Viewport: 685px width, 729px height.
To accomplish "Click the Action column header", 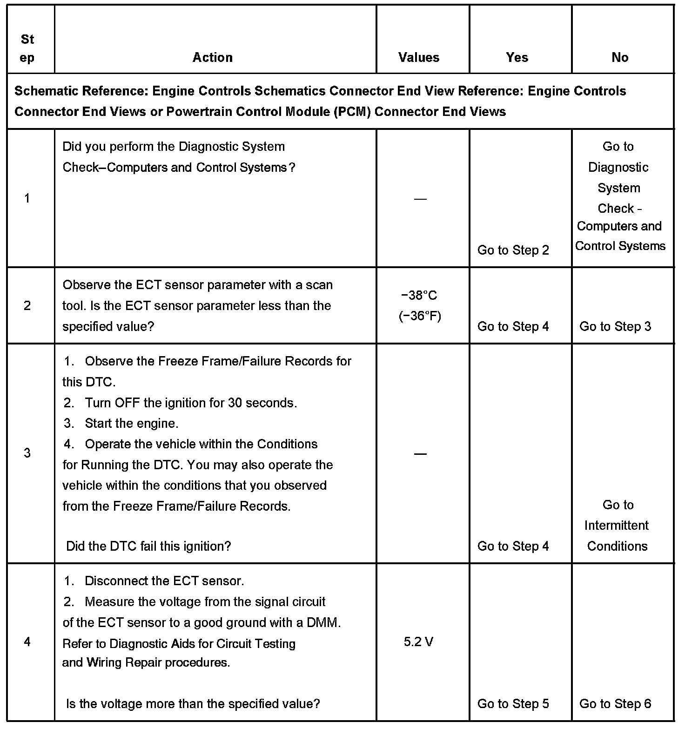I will pyautogui.click(x=213, y=57).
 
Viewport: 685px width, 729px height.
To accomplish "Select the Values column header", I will pyautogui.click(x=419, y=57).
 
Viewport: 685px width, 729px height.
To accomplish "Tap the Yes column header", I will pyautogui.click(x=517, y=57).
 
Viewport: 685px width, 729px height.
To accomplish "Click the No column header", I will pyautogui.click(x=620, y=57).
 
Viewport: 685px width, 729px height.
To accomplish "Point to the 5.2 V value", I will pyautogui.click(x=419, y=642).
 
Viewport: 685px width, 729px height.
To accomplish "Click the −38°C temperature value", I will pyautogui.click(x=419, y=296).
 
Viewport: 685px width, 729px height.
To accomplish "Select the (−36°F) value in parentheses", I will pyautogui.click(x=420, y=316).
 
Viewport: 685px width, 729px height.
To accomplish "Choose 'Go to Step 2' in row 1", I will pyautogui.click(x=513, y=250).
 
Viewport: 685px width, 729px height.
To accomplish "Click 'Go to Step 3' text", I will pyautogui.click(x=615, y=326).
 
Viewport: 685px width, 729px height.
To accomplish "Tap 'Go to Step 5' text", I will pyautogui.click(x=513, y=703).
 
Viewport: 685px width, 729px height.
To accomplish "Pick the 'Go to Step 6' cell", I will pyautogui.click(x=615, y=703).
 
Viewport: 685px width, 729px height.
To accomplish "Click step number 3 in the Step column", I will pyautogui.click(x=27, y=452).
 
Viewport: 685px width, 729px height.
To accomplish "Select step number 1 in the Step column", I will pyautogui.click(x=27, y=198).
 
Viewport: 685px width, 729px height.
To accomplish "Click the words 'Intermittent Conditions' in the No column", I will pyautogui.click(x=617, y=536).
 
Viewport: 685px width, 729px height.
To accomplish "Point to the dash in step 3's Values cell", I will pyautogui.click(x=420, y=453).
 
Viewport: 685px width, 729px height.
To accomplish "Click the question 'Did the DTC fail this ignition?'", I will pyautogui.click(x=148, y=546).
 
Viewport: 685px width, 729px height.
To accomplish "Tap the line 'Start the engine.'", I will pyautogui.click(x=131, y=423).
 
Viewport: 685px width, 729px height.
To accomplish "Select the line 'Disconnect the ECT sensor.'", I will pyautogui.click(x=164, y=581).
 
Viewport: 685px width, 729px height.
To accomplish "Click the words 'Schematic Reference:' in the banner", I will pyautogui.click(x=81, y=91).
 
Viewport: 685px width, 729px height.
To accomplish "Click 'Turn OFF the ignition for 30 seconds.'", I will pyautogui.click(x=191, y=403).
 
